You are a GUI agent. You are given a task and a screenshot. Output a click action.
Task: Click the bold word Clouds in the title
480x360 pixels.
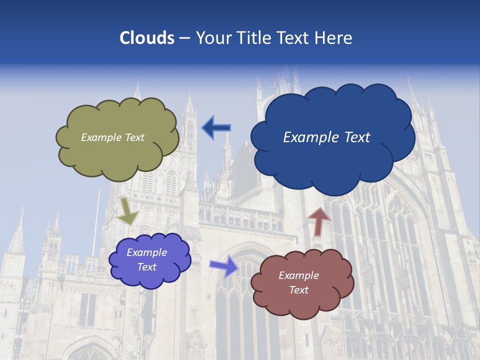coord(146,38)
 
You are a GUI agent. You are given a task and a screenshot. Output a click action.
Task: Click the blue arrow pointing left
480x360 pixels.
coord(216,128)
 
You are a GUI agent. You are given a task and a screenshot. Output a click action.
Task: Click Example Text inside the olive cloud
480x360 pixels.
coord(112,137)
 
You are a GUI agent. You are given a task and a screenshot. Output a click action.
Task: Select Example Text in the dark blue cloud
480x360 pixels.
coord(326,137)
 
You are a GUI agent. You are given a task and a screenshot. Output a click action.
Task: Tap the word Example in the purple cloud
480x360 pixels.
coord(146,252)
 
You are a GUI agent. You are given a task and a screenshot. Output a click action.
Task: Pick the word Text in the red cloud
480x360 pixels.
coord(298,290)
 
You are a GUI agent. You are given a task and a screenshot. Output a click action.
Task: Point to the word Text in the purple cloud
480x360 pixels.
coord(146,267)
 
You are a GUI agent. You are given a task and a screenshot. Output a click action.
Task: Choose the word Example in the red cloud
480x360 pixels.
coord(298,275)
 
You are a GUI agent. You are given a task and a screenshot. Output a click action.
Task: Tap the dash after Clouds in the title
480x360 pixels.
coord(184,38)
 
